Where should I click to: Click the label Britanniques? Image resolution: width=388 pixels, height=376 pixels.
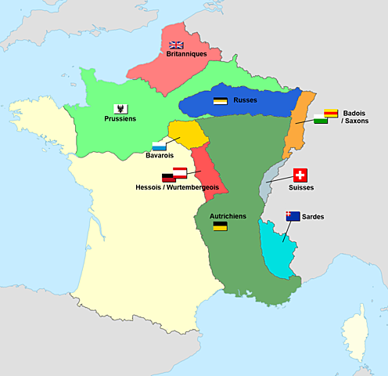[x=186, y=54]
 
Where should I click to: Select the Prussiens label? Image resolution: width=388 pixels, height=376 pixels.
[x=120, y=119]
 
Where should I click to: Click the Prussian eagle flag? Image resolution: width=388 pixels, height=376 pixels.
[x=121, y=108]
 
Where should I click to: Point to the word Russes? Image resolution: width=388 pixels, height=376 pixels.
[x=246, y=100]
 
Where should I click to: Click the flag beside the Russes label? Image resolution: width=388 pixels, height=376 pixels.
[x=221, y=101]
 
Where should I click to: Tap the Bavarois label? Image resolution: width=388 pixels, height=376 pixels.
[x=160, y=155]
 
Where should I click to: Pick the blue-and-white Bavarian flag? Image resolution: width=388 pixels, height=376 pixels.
[x=159, y=145]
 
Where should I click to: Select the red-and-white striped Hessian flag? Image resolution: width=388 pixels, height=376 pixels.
[x=180, y=172]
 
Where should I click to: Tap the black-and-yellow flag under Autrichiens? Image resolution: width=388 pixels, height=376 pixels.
[x=221, y=226]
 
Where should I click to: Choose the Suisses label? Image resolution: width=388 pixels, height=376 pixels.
[x=301, y=189]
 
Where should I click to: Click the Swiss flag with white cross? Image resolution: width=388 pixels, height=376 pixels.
[x=301, y=175]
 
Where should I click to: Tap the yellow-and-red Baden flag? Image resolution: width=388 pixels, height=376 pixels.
[x=331, y=114]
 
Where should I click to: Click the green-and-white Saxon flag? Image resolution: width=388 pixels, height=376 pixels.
[x=321, y=120]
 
